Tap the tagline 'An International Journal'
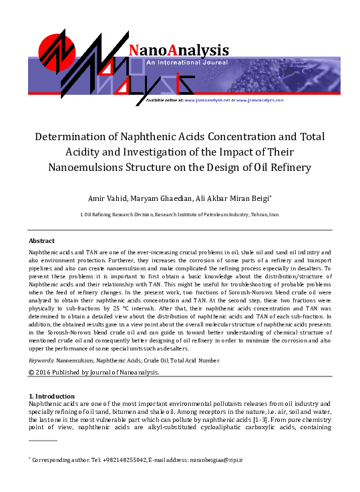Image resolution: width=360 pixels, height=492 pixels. pyautogui.click(x=187, y=62)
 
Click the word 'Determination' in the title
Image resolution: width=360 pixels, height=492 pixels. pyautogui.click(x=73, y=137)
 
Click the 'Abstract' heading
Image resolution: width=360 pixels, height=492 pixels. pyautogui.click(x=41, y=240)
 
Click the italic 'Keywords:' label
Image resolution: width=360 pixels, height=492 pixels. pyautogui.click(x=41, y=359)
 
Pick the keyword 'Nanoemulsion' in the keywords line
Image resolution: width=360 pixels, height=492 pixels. pyautogui.click(x=75, y=359)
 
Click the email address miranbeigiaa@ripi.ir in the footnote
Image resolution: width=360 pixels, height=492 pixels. pyautogui.click(x=216, y=460)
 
